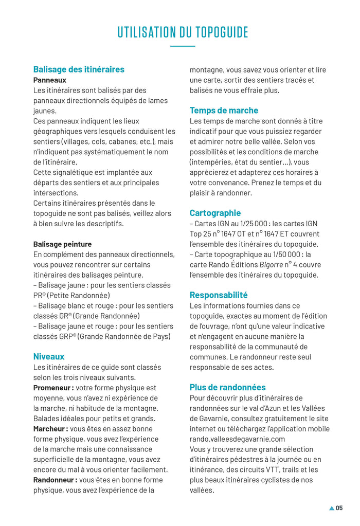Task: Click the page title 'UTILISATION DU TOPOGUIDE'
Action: coord(183,32)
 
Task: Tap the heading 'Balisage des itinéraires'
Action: coord(79,69)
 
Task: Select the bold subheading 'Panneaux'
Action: coord(50,80)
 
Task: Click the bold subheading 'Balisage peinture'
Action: coord(63,244)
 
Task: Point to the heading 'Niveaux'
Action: coord(49,356)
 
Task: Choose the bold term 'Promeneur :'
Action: coord(53,388)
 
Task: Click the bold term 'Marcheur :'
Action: coord(50,429)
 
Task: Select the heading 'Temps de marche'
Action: coord(224,111)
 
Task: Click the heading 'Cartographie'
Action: coord(215,213)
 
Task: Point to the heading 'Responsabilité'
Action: coord(219,295)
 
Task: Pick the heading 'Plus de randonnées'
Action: coord(227,387)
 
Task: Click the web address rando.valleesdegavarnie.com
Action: coord(237,439)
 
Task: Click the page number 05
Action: coord(339,508)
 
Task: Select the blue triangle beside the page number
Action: coord(332,509)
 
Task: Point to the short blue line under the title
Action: coord(183,46)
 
